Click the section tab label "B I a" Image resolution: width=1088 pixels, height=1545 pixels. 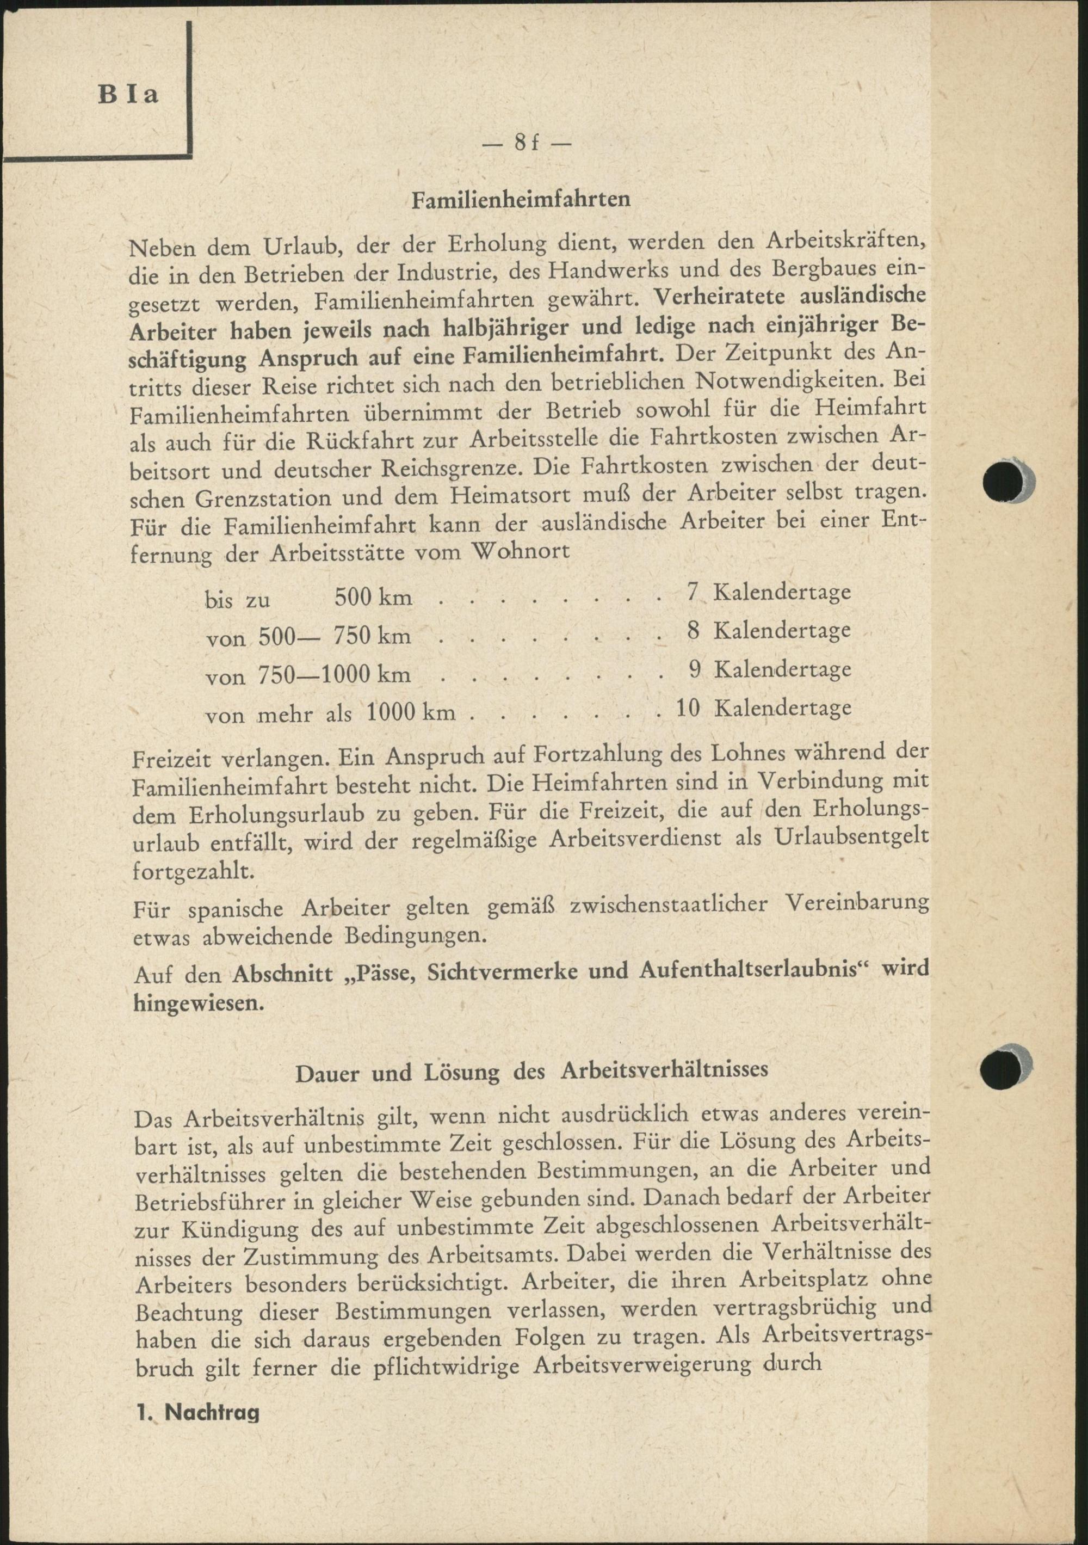[x=128, y=94]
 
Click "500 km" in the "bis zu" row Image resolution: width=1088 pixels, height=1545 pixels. [x=373, y=597]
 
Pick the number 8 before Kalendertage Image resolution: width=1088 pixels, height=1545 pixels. [x=694, y=631]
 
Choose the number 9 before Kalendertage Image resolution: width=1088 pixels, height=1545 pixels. [x=694, y=669]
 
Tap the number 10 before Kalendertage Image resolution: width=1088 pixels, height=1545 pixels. [x=687, y=708]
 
